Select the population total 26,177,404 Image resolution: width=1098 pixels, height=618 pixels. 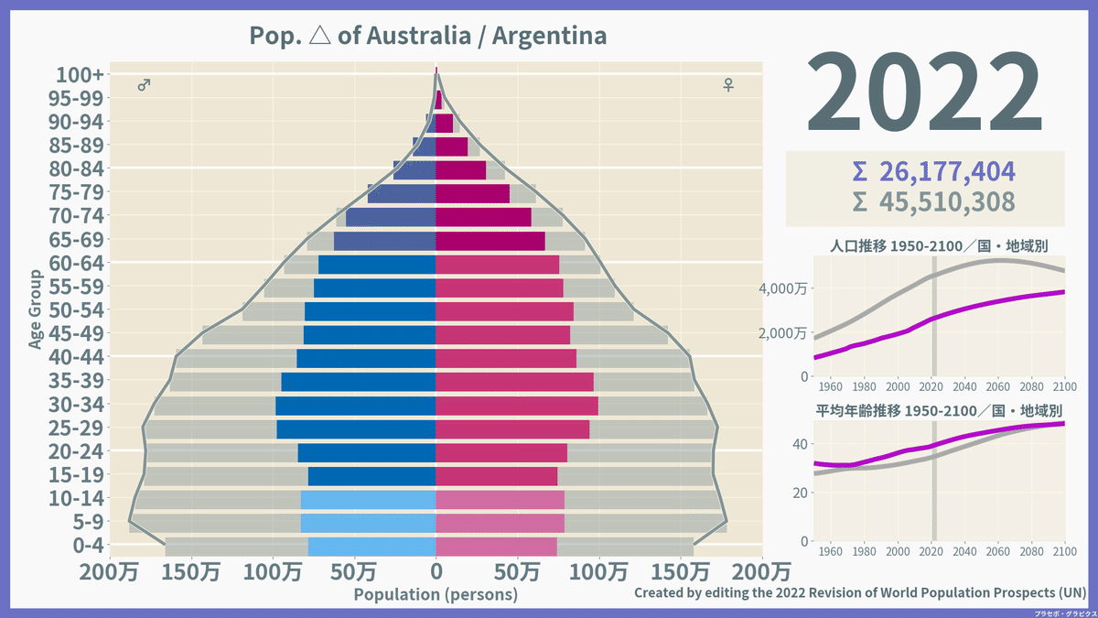tap(933, 172)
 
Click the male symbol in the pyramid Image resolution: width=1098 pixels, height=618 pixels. tap(144, 85)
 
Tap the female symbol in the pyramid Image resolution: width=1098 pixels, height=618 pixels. tap(728, 85)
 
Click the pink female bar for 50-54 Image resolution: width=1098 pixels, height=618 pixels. tap(504, 311)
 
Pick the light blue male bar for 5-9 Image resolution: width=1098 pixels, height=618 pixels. tap(368, 523)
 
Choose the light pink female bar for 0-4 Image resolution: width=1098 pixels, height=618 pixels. tap(496, 547)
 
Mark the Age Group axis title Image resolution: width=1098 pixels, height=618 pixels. tap(36, 309)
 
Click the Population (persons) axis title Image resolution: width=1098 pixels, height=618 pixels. tap(436, 594)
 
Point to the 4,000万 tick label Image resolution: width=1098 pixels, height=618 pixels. tap(781, 288)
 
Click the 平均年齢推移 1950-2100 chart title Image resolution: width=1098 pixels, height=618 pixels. tap(939, 409)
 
